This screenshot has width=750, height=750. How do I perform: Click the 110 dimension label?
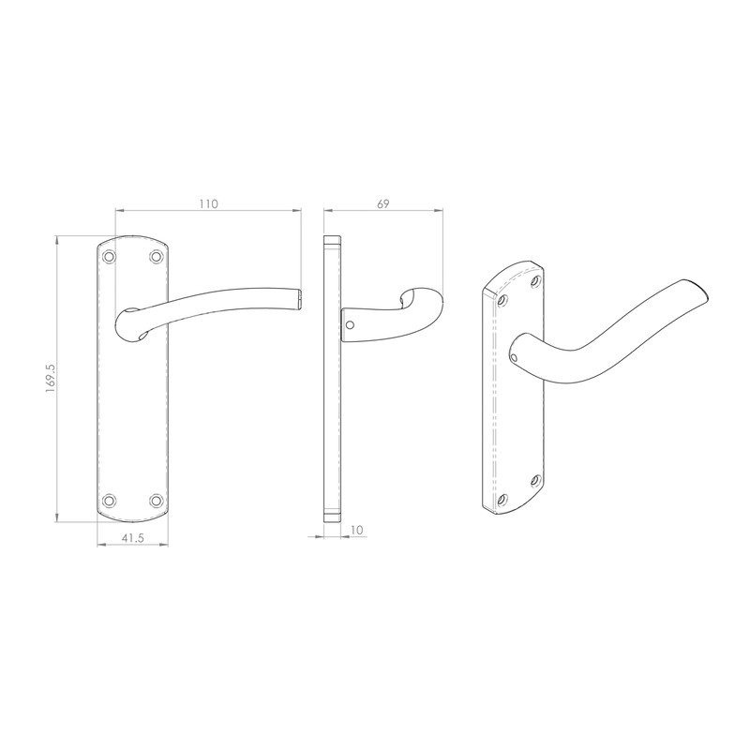[207, 203]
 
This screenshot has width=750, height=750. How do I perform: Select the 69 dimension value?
[383, 203]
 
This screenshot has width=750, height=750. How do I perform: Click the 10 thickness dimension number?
[355, 530]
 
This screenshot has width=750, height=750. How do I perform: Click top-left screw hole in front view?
[110, 255]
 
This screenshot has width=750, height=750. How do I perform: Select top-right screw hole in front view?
[156, 255]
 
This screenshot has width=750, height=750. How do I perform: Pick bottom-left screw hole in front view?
[110, 500]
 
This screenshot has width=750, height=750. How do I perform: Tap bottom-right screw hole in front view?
[156, 500]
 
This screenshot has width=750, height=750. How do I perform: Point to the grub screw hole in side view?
[350, 326]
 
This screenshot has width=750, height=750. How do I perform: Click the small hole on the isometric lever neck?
[514, 356]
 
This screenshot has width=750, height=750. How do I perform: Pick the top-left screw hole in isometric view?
[503, 300]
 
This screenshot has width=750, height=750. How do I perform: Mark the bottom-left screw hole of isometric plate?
[503, 498]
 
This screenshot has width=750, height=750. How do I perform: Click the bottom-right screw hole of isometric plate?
[536, 479]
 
